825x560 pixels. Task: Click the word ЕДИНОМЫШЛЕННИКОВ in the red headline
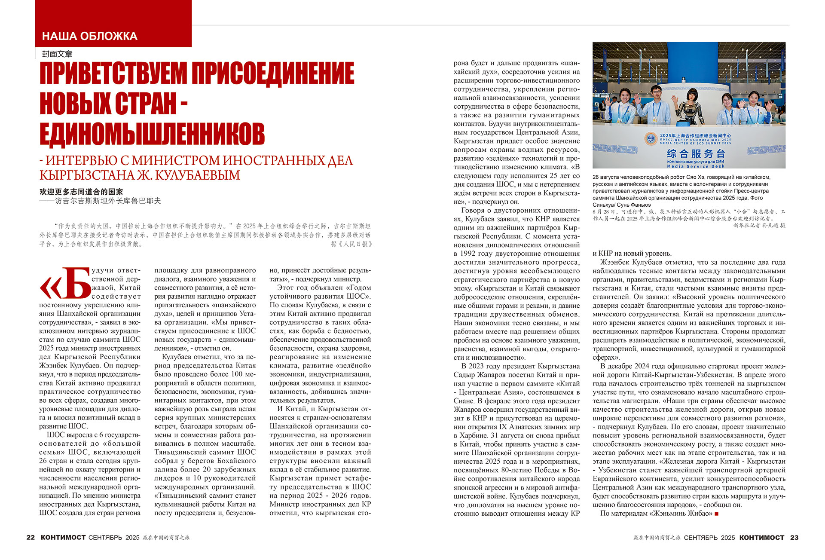click(x=152, y=134)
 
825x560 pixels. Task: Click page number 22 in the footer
click(x=31, y=538)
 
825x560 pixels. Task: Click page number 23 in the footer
click(x=794, y=538)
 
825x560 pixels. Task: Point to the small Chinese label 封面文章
click(x=57, y=54)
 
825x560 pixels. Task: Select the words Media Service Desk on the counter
click(x=695, y=166)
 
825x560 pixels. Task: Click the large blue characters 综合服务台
click(x=696, y=153)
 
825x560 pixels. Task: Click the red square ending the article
click(x=716, y=514)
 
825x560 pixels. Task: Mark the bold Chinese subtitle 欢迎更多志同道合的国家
click(x=81, y=192)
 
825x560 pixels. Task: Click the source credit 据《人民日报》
click(x=351, y=244)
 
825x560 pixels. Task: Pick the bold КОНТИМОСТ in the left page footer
click(x=63, y=538)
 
